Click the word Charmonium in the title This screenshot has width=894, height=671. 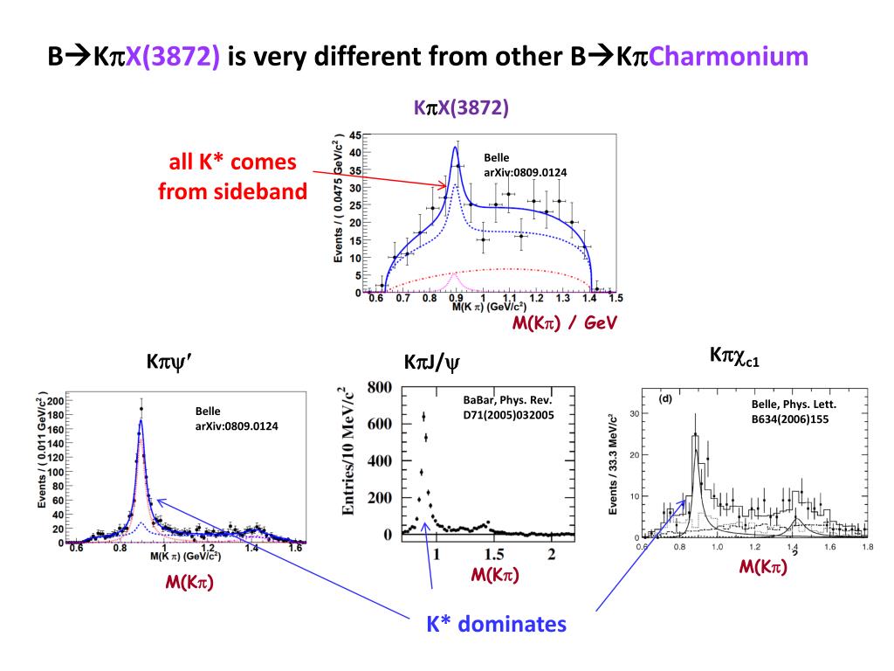tap(729, 57)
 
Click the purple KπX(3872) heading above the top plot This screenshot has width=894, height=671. tap(461, 108)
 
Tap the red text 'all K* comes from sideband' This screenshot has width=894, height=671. tap(233, 176)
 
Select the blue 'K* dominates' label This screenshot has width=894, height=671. tap(496, 624)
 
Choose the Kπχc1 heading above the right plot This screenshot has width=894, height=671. tap(734, 356)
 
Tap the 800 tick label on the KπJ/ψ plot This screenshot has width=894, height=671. tap(378, 387)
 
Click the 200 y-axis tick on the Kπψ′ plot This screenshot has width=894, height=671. tap(54, 400)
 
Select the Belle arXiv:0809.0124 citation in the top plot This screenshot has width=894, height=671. tap(525, 165)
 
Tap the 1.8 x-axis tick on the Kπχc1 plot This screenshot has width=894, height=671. tap(864, 548)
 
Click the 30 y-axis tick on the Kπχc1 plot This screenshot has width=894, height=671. tap(636, 414)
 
